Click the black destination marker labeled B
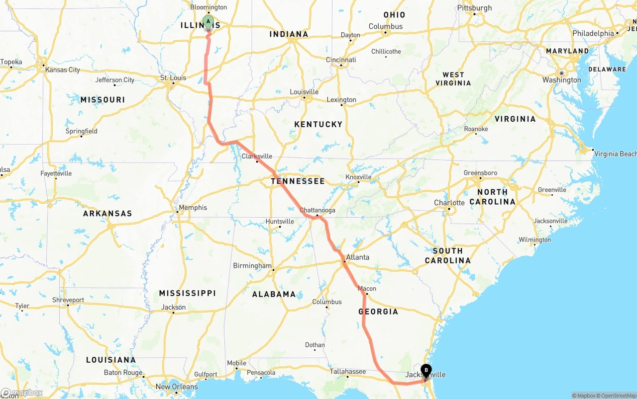(426, 371)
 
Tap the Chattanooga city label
(317, 210)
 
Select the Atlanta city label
(357, 257)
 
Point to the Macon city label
(367, 289)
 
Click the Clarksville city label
(257, 156)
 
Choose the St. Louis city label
(173, 78)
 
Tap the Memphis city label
(193, 208)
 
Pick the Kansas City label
(62, 70)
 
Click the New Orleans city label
(177, 387)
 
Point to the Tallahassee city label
(347, 371)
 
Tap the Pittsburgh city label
(474, 8)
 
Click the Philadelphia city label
(593, 33)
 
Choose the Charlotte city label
(449, 203)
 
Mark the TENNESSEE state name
(298, 181)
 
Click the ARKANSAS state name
(107, 214)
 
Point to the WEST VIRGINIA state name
(453, 79)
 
